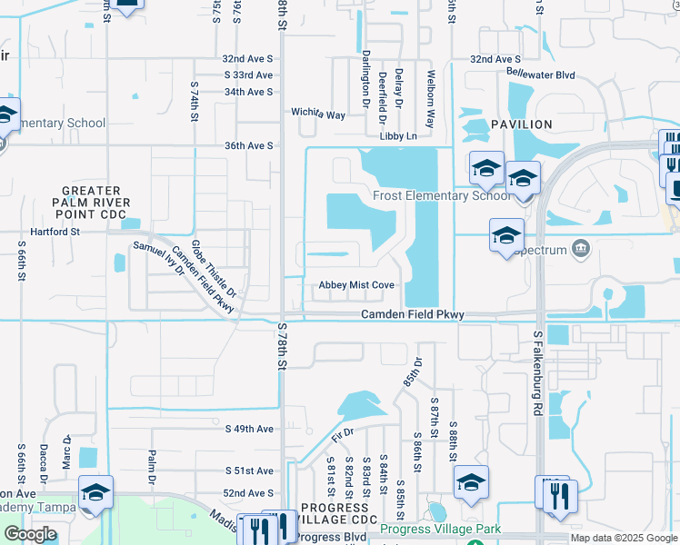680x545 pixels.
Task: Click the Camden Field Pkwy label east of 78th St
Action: [413, 314]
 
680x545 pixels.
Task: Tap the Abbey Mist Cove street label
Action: [356, 285]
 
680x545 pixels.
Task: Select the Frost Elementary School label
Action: [442, 195]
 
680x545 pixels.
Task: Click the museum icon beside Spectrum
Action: [582, 249]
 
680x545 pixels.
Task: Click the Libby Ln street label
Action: [397, 136]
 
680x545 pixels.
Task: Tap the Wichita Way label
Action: [318, 114]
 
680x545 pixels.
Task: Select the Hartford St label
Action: [51, 232]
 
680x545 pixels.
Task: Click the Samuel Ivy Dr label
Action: [158, 259]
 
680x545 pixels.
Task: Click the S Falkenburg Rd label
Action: [538, 373]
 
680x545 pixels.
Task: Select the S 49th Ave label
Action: [249, 429]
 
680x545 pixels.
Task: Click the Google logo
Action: [30, 534]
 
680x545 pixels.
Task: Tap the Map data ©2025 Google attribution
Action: [624, 538]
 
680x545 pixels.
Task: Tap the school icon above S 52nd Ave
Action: [96, 492]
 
